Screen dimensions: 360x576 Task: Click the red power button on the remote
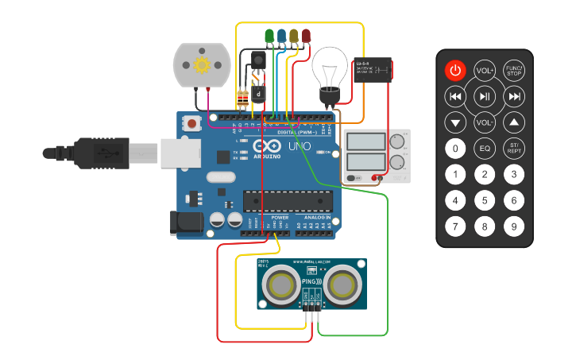click(x=454, y=71)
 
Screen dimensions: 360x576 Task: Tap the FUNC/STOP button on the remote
click(x=514, y=71)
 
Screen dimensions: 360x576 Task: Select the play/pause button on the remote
click(x=485, y=96)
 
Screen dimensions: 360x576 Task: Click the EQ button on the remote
click(x=485, y=148)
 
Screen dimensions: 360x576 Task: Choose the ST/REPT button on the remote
click(x=514, y=148)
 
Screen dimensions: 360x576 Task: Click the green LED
click(x=269, y=36)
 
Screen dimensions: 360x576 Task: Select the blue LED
click(x=281, y=36)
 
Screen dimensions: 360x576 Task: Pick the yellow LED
click(x=294, y=36)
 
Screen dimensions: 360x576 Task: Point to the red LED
click(x=306, y=36)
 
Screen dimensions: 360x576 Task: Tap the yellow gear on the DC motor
click(x=202, y=65)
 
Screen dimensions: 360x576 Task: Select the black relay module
click(x=373, y=72)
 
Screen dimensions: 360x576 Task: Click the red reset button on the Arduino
click(x=191, y=124)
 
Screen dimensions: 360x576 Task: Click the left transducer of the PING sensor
click(x=280, y=283)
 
